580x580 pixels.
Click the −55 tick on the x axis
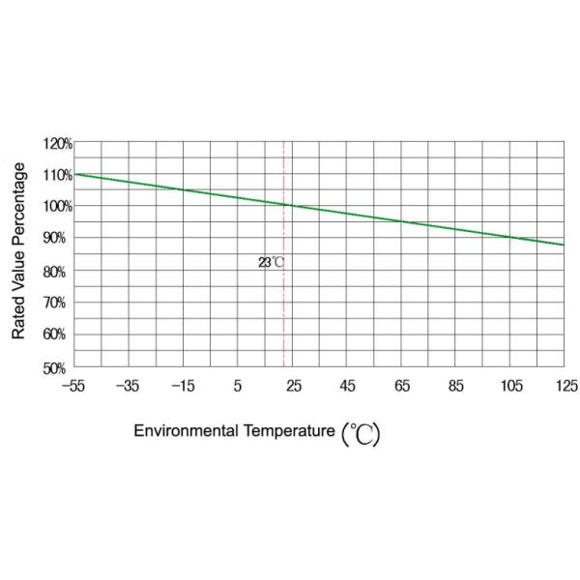[x=73, y=387]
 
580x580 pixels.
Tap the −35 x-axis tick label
[x=128, y=387]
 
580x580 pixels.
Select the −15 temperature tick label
[x=183, y=387]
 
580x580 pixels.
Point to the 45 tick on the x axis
[x=347, y=387]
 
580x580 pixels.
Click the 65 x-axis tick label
[x=402, y=387]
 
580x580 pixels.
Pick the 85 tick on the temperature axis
[x=456, y=387]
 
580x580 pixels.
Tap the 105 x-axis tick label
[x=511, y=387]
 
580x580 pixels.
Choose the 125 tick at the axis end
[x=565, y=387]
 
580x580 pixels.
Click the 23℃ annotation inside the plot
[x=271, y=262]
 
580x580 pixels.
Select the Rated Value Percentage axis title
[x=18, y=251]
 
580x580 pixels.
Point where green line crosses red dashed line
[x=283, y=204]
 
